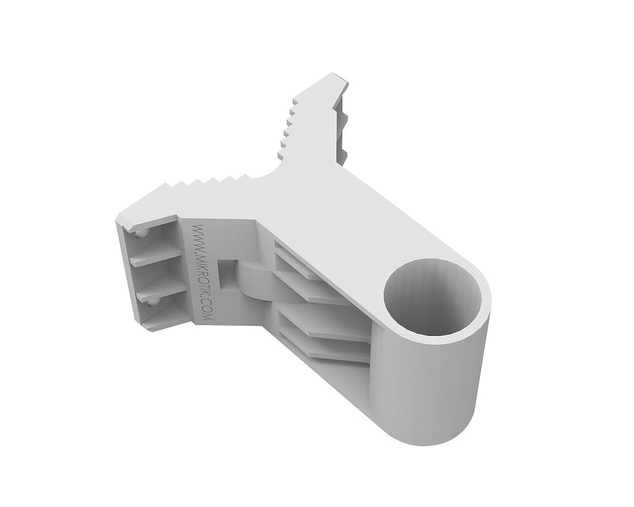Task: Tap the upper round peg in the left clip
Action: pos(140,234)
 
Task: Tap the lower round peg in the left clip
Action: pos(151,303)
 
